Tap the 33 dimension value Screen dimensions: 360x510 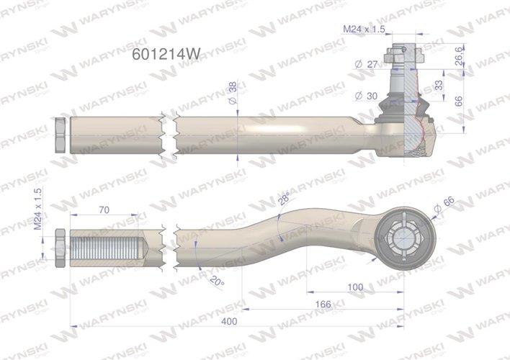459,86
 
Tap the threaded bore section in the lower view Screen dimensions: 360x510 108,246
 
